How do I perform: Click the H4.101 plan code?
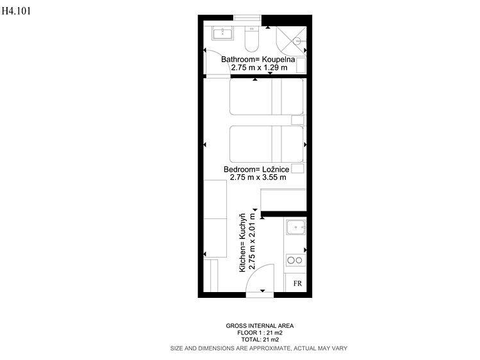16,11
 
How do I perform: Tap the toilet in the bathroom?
252,39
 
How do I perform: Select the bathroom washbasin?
222,33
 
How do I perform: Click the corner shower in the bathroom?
291,41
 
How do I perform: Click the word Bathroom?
238,60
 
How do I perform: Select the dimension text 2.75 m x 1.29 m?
259,68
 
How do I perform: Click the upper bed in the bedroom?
267,97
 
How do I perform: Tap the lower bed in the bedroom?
267,144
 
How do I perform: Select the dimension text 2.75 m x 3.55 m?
258,177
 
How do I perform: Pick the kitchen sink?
295,227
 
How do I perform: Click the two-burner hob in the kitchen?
295,260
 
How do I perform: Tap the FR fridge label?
297,284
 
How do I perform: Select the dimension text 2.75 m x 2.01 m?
252,241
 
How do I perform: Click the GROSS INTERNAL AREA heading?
260,326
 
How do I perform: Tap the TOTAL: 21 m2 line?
260,340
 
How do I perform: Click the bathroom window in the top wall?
247,18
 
